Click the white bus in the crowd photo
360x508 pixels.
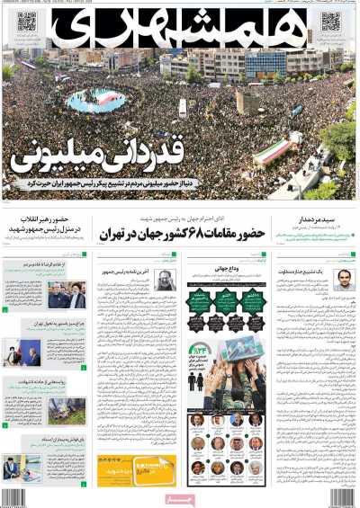click(x=184, y=107)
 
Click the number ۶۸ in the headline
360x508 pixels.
click(x=197, y=234)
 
